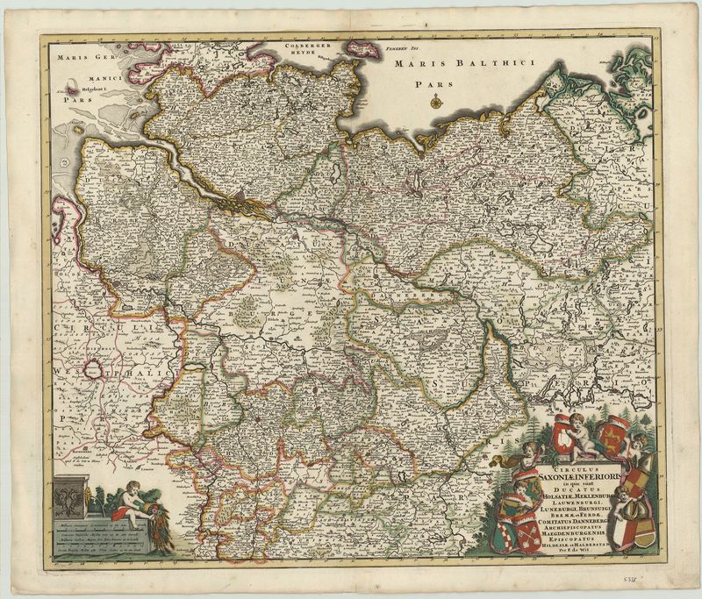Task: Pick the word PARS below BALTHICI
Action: coord(433,85)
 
